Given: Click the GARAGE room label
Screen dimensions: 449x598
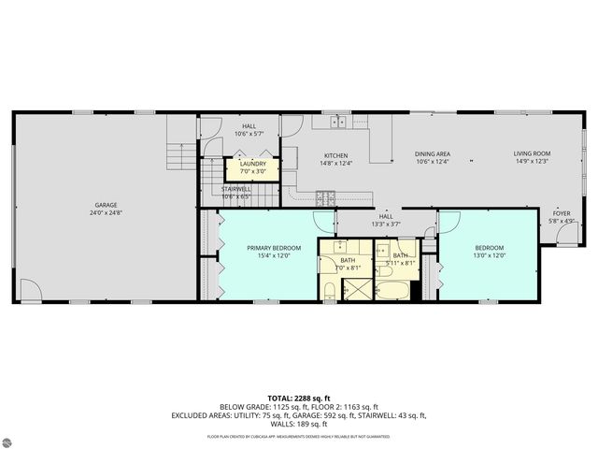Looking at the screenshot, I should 105,205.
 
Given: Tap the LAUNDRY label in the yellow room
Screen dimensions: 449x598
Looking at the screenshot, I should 253,164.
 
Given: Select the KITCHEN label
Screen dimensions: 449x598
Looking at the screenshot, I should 336,155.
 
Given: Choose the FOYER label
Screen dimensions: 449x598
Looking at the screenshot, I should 561,213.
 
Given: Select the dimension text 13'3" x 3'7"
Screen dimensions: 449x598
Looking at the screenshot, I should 385,224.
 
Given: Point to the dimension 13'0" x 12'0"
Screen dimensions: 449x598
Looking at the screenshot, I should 489,255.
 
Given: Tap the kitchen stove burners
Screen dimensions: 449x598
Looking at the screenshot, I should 326,196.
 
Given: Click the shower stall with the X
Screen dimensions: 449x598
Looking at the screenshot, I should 355,290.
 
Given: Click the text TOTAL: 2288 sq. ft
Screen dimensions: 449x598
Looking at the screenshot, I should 298,398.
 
